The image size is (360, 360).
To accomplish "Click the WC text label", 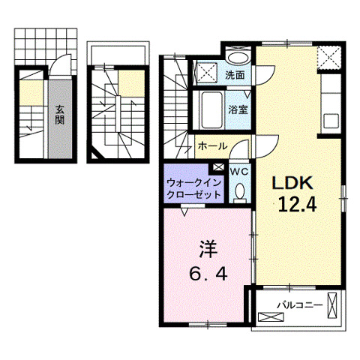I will (239, 172).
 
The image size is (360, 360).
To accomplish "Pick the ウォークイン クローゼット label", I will (193, 187).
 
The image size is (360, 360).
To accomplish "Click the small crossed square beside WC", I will (218, 169).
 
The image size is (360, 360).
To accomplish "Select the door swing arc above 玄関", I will (58, 73).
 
